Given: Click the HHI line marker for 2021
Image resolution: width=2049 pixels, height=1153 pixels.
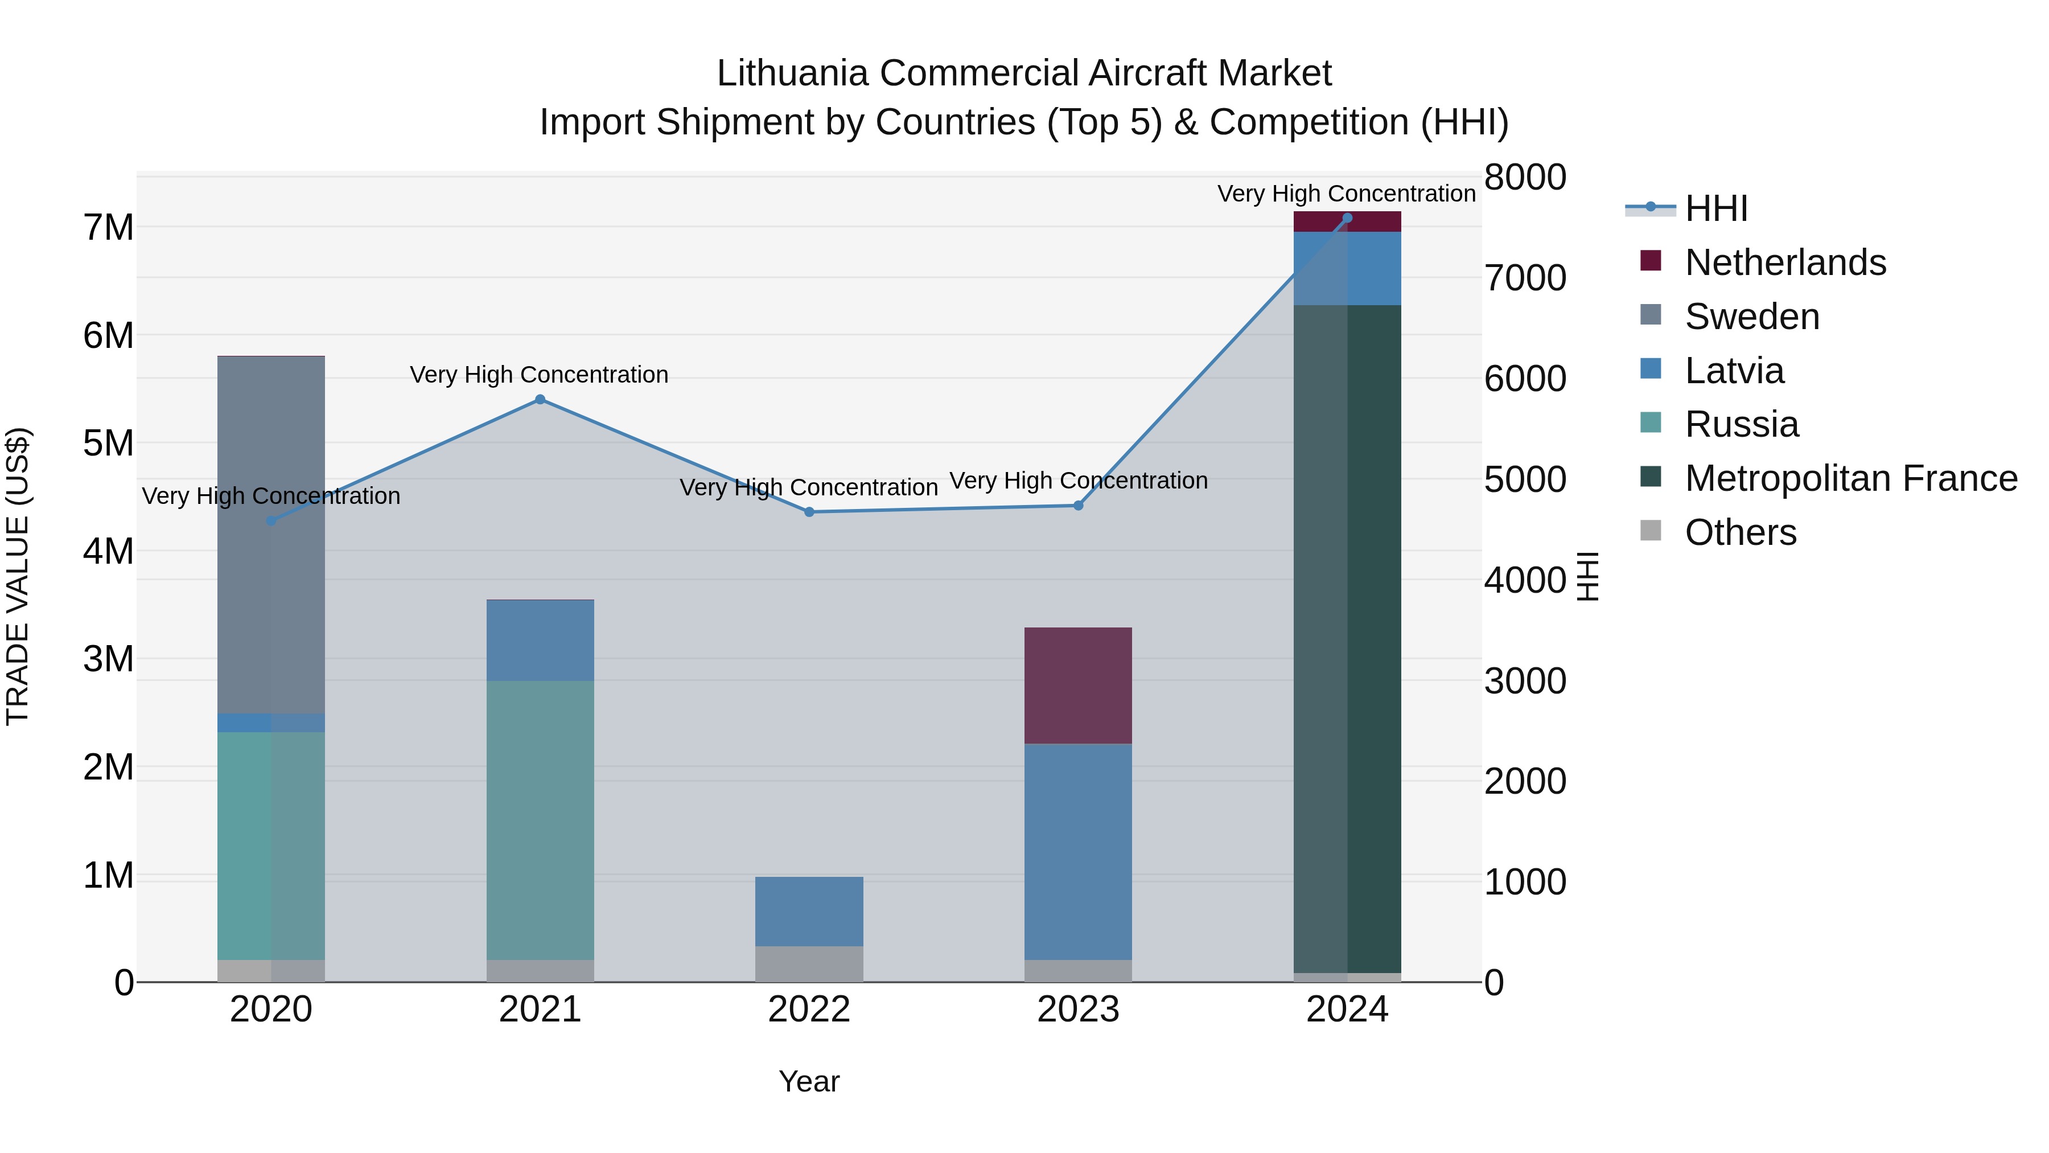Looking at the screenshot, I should [x=540, y=400].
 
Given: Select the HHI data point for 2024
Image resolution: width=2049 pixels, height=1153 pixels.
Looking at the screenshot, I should [x=1347, y=218].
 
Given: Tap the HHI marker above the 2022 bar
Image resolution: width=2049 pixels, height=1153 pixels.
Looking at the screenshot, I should [x=809, y=512].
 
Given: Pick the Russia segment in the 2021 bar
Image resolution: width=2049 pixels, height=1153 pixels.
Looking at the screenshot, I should [x=540, y=819].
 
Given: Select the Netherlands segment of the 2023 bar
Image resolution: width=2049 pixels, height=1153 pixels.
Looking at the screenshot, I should [x=1078, y=686].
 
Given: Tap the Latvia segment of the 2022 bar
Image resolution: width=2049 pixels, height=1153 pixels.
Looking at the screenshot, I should [x=809, y=911].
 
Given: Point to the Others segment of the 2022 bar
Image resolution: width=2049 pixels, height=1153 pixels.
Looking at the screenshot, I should [x=809, y=963].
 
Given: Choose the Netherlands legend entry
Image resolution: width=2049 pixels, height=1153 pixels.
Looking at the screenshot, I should [x=1784, y=262].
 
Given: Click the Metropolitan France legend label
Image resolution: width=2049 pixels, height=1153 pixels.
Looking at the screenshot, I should [x=1851, y=478].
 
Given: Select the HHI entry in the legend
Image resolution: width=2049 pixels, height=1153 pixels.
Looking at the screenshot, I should [x=1715, y=208].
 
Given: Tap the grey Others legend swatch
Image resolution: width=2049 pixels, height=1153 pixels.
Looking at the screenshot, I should [x=1651, y=531].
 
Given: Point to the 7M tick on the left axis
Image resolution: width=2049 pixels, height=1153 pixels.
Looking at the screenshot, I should [x=108, y=228].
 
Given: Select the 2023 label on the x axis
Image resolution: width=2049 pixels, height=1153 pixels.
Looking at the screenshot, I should [x=1078, y=1010].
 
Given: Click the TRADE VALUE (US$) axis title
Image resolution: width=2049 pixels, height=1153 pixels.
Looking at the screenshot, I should [x=18, y=576].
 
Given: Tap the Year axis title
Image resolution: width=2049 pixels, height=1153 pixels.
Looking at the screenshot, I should [x=809, y=1081].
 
